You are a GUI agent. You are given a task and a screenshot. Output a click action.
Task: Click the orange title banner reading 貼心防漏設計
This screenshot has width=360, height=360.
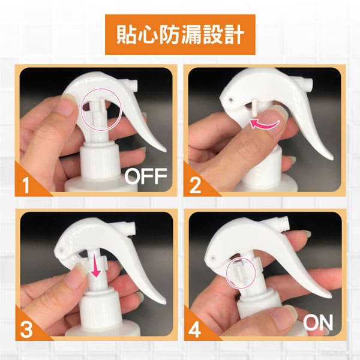(180, 35)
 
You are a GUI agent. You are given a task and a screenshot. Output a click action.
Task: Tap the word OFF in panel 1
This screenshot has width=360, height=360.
(146, 176)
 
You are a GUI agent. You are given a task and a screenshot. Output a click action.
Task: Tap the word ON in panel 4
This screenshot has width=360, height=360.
(318, 322)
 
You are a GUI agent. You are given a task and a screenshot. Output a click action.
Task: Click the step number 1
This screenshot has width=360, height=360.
(26, 185)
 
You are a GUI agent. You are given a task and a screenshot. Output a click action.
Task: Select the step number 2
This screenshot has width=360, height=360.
(195, 185)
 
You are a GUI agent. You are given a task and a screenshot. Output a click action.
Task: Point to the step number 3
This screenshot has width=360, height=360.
(26, 330)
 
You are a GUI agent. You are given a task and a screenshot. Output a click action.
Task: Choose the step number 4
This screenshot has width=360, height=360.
(194, 330)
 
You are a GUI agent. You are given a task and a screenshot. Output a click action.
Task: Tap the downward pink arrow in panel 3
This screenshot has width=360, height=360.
(95, 268)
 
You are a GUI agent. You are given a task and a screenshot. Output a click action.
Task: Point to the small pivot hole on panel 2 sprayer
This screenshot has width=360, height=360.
(230, 100)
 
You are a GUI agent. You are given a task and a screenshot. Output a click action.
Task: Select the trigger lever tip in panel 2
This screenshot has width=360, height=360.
(331, 158)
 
